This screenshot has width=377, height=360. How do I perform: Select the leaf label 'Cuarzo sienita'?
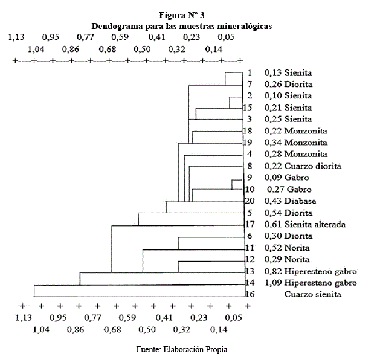click(x=313, y=294)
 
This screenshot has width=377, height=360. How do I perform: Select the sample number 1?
click(x=249, y=73)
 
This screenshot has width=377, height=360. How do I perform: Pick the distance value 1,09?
click(x=273, y=282)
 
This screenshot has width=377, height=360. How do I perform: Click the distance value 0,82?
click(x=273, y=271)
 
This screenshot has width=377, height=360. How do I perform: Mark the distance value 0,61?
click(x=273, y=225)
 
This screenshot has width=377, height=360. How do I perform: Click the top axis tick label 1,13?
click(x=16, y=37)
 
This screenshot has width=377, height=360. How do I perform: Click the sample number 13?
click(x=248, y=271)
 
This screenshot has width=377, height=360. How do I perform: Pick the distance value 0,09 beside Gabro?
click(x=273, y=178)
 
